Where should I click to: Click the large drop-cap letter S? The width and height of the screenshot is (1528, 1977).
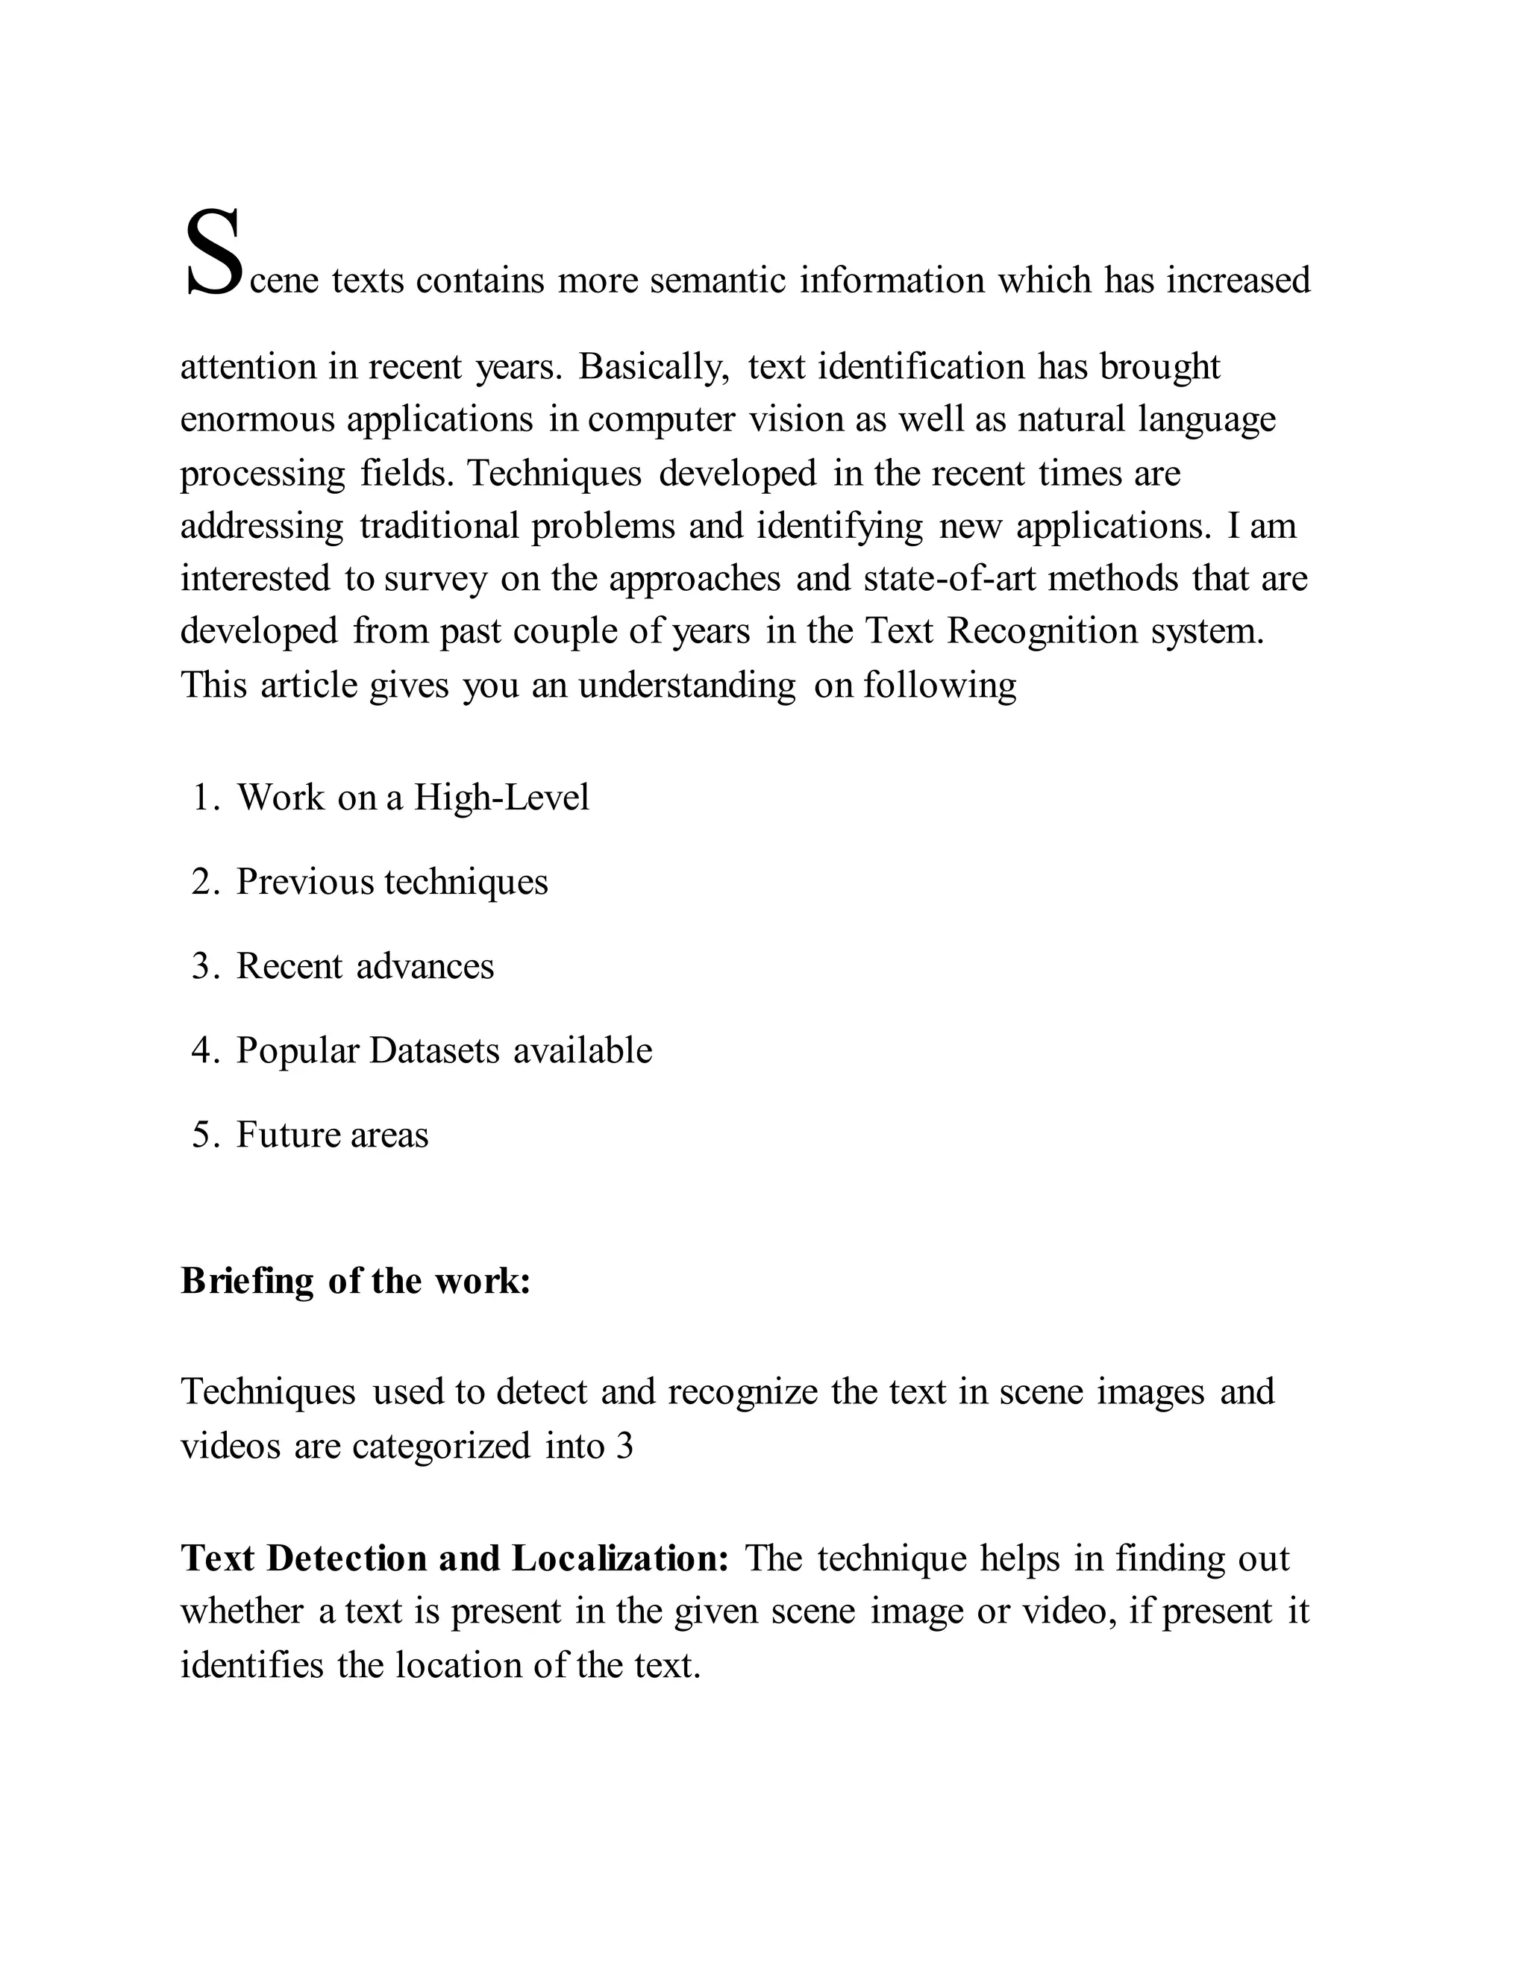tap(213, 253)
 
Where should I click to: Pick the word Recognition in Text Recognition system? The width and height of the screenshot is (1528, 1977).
tap(1042, 631)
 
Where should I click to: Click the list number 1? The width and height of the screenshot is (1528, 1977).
tap(203, 798)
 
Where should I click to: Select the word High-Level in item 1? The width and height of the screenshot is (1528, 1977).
tap(501, 798)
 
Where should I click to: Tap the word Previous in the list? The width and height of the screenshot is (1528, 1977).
tap(304, 882)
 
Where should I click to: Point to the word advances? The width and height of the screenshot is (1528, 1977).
tap(425, 967)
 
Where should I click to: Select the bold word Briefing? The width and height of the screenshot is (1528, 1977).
tap(247, 1282)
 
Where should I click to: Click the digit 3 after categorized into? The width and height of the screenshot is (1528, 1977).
tap(624, 1447)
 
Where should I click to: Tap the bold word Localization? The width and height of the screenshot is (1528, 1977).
tap(620, 1558)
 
